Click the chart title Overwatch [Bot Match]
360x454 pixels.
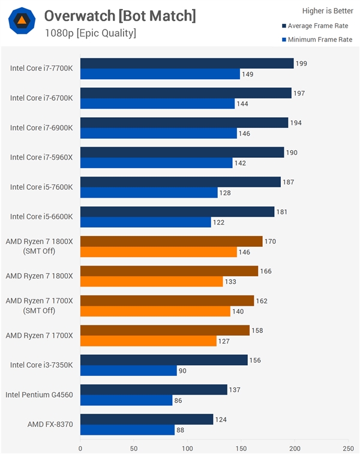click(120, 16)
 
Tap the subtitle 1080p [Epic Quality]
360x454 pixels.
click(90, 33)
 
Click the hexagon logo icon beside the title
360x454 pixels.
click(22, 22)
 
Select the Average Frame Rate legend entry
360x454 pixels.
click(317, 26)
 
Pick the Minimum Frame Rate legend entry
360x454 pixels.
click(316, 40)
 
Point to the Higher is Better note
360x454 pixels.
click(327, 10)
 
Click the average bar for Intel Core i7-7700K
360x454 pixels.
click(187, 64)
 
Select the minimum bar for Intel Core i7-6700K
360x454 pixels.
click(157, 104)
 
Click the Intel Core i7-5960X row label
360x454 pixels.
click(41, 157)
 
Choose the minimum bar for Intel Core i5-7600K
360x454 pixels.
click(149, 193)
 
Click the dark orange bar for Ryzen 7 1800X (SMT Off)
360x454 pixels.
click(171, 241)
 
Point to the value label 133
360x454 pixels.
click(230, 282)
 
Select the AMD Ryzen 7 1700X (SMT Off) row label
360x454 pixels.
click(39, 305)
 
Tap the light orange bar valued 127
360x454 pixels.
click(148, 341)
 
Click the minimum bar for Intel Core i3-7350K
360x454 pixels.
click(128, 371)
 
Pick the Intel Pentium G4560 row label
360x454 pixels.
click(39, 395)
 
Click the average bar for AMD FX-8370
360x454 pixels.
click(146, 419)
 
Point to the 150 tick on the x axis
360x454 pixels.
click(241, 448)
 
